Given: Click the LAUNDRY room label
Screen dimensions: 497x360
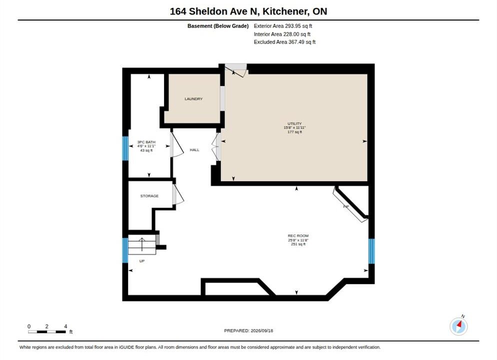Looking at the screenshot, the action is [x=193, y=99].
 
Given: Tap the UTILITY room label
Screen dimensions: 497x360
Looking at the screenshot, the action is [x=294, y=123].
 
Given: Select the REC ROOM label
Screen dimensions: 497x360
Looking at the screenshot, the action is [x=298, y=236].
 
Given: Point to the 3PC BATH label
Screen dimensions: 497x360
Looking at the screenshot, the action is [x=146, y=142].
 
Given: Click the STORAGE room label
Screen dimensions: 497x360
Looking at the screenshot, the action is [x=149, y=196].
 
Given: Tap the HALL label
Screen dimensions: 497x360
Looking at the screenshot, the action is [x=194, y=150].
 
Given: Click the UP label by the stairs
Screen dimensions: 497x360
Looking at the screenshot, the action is [x=142, y=261].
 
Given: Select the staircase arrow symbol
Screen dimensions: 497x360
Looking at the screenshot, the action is [x=141, y=244].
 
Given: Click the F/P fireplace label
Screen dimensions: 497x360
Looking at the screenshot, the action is [x=346, y=206].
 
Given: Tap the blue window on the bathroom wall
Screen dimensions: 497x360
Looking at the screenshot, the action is [x=125, y=148].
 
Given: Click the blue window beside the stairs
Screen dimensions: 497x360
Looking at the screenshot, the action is [x=125, y=250].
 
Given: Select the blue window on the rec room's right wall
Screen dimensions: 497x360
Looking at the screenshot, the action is [x=371, y=251].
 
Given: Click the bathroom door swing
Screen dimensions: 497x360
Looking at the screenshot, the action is [x=177, y=145].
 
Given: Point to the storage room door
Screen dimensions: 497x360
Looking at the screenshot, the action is [x=178, y=194].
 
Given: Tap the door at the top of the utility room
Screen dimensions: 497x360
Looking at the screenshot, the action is [x=236, y=70].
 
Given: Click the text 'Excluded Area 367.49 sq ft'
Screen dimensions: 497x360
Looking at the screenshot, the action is [x=284, y=42].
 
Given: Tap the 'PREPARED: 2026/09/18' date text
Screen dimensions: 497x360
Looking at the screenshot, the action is [x=248, y=330].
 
